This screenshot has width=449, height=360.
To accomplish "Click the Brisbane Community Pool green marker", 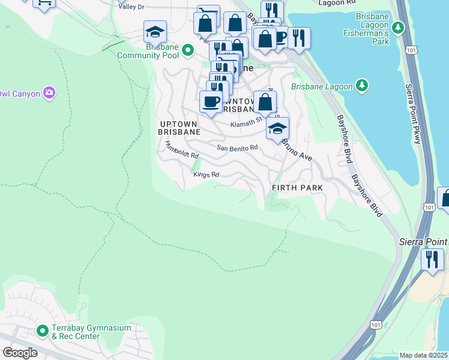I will click(x=188, y=50).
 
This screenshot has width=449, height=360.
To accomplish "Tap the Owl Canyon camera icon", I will click(x=49, y=93).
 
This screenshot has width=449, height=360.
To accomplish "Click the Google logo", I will click(x=20, y=353).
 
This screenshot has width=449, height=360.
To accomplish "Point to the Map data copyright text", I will click(x=424, y=355).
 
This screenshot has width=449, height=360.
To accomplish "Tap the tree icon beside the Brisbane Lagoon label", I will click(x=362, y=86).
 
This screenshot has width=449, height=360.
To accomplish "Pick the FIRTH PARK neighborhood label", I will click(x=297, y=188).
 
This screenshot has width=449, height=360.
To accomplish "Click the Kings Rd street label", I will click(x=206, y=175).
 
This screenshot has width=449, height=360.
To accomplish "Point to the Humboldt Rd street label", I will click(x=181, y=150).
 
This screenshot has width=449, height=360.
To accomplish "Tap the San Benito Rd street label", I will click(x=237, y=147).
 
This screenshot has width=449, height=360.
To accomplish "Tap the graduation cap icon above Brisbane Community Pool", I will click(x=155, y=31).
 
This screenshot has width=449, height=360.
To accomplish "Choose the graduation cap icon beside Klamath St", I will click(x=277, y=128).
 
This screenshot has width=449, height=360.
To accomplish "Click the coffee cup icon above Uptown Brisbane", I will click(x=211, y=101).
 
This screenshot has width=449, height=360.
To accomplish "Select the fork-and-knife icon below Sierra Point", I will click(x=432, y=259).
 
